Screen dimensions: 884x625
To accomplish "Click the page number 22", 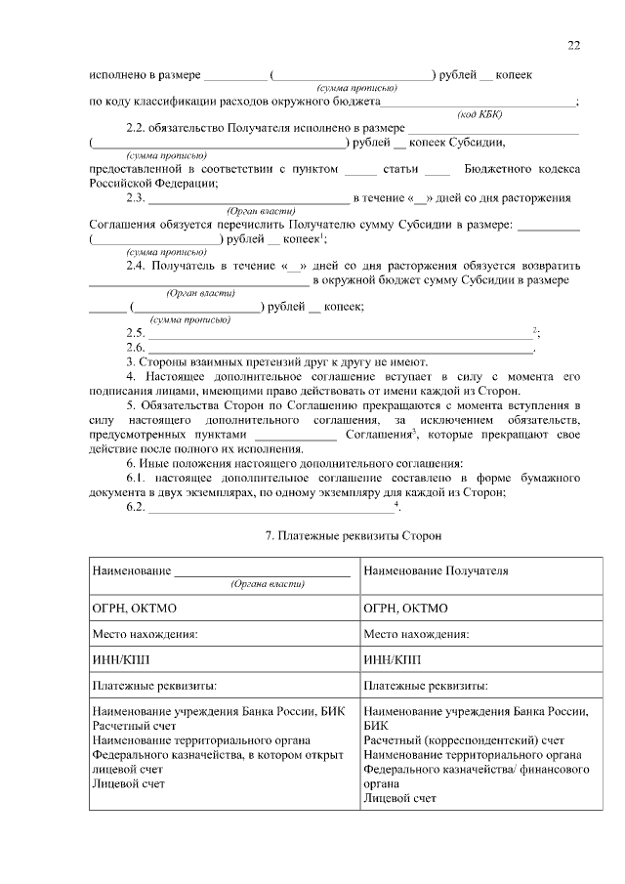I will (x=573, y=45).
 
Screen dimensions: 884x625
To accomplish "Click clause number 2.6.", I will (x=136, y=348).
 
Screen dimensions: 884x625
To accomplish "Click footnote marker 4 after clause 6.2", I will (x=396, y=504).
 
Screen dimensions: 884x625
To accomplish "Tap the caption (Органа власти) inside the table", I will (x=267, y=583).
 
